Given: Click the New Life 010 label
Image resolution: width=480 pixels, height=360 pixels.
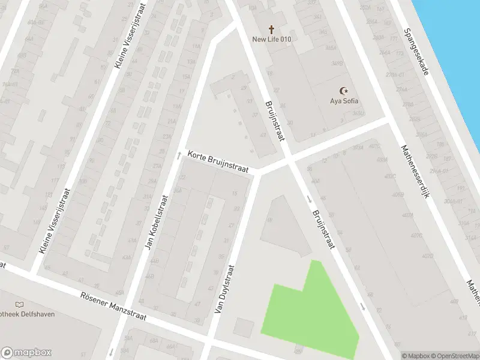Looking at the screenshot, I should (271, 40).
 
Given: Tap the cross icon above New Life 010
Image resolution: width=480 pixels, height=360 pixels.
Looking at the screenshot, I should (271, 29).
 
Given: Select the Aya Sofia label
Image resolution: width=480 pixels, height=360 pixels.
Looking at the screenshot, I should (344, 101).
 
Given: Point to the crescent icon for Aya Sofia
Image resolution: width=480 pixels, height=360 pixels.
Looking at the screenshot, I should (344, 91).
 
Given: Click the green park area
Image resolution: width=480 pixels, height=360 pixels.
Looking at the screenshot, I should (309, 315).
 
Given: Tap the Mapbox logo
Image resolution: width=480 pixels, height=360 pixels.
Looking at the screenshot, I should (26, 352).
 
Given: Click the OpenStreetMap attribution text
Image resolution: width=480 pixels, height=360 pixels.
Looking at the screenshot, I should (453, 356).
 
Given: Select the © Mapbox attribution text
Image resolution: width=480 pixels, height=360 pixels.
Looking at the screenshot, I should (415, 356).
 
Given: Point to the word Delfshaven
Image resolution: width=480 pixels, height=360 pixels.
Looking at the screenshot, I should (24, 315).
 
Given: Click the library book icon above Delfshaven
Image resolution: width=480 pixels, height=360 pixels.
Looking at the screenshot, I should (21, 305).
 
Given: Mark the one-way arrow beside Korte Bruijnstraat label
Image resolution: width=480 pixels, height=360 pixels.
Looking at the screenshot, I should (178, 155).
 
